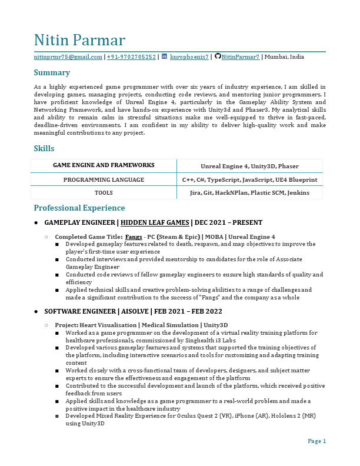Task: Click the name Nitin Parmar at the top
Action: (79, 40)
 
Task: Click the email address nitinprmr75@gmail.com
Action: (68, 57)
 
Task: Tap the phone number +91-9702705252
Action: (131, 57)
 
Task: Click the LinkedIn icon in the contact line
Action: (164, 56)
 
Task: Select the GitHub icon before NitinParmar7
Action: (218, 56)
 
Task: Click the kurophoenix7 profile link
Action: (189, 57)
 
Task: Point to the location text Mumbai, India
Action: (284, 57)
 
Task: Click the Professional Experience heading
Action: (79, 208)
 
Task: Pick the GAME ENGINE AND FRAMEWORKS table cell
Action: (104, 165)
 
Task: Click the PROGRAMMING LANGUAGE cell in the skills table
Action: (104, 179)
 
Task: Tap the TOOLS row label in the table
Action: (104, 192)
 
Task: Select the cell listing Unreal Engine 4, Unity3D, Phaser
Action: (249, 166)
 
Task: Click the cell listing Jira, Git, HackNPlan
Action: (249, 192)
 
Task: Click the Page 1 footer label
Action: (316, 441)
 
